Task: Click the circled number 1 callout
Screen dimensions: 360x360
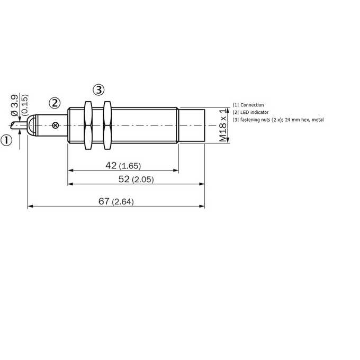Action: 6,140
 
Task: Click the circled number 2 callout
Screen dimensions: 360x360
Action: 55,103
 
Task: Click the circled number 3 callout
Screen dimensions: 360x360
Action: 98,90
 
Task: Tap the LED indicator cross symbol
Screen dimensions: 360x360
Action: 56,125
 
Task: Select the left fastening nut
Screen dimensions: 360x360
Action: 88,125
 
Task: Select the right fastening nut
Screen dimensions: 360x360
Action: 107,125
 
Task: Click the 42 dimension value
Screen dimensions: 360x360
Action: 111,165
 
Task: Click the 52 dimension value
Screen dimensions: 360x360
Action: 124,179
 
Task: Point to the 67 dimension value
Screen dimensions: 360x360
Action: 104,201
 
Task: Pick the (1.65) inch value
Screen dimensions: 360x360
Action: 130,166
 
